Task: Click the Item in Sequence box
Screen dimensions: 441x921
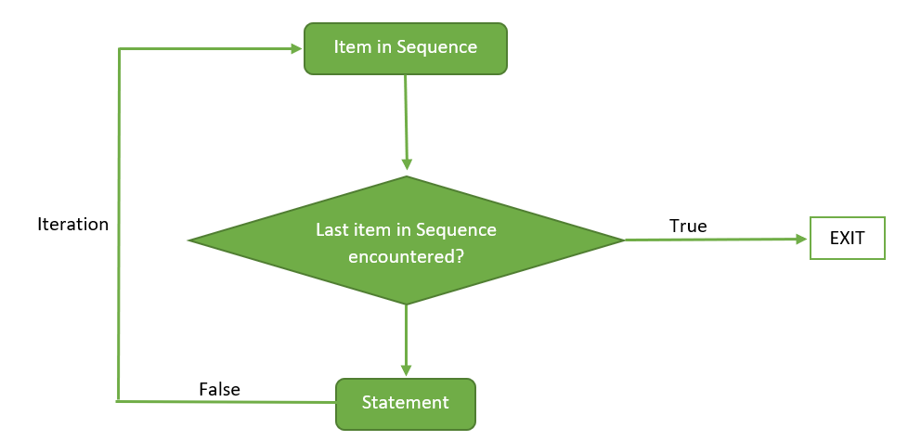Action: pyautogui.click(x=405, y=48)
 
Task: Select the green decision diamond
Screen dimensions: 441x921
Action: pyautogui.click(x=406, y=240)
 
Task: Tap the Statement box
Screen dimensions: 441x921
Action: pyautogui.click(x=405, y=403)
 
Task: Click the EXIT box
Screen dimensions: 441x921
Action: pyautogui.click(x=847, y=239)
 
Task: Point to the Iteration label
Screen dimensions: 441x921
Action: pyautogui.click(x=72, y=224)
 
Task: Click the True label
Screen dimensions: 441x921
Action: pyautogui.click(x=688, y=226)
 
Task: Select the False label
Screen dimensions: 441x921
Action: pyautogui.click(x=219, y=390)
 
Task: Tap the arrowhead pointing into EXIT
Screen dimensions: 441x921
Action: pyautogui.click(x=802, y=239)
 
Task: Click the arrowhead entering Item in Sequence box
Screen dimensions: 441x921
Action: pyautogui.click(x=298, y=48)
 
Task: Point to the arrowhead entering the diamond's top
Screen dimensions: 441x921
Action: pyautogui.click(x=407, y=164)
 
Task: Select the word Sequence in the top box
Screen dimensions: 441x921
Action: pyautogui.click(x=436, y=46)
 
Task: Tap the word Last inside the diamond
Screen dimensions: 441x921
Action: pyautogui.click(x=331, y=229)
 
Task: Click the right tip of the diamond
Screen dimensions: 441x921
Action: pyautogui.click(x=622, y=240)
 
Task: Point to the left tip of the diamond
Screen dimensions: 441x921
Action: pyautogui.click(x=190, y=240)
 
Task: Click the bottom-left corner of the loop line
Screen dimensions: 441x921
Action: pyautogui.click(x=119, y=401)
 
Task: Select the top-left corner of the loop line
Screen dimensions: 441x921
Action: pyautogui.click(x=120, y=49)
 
